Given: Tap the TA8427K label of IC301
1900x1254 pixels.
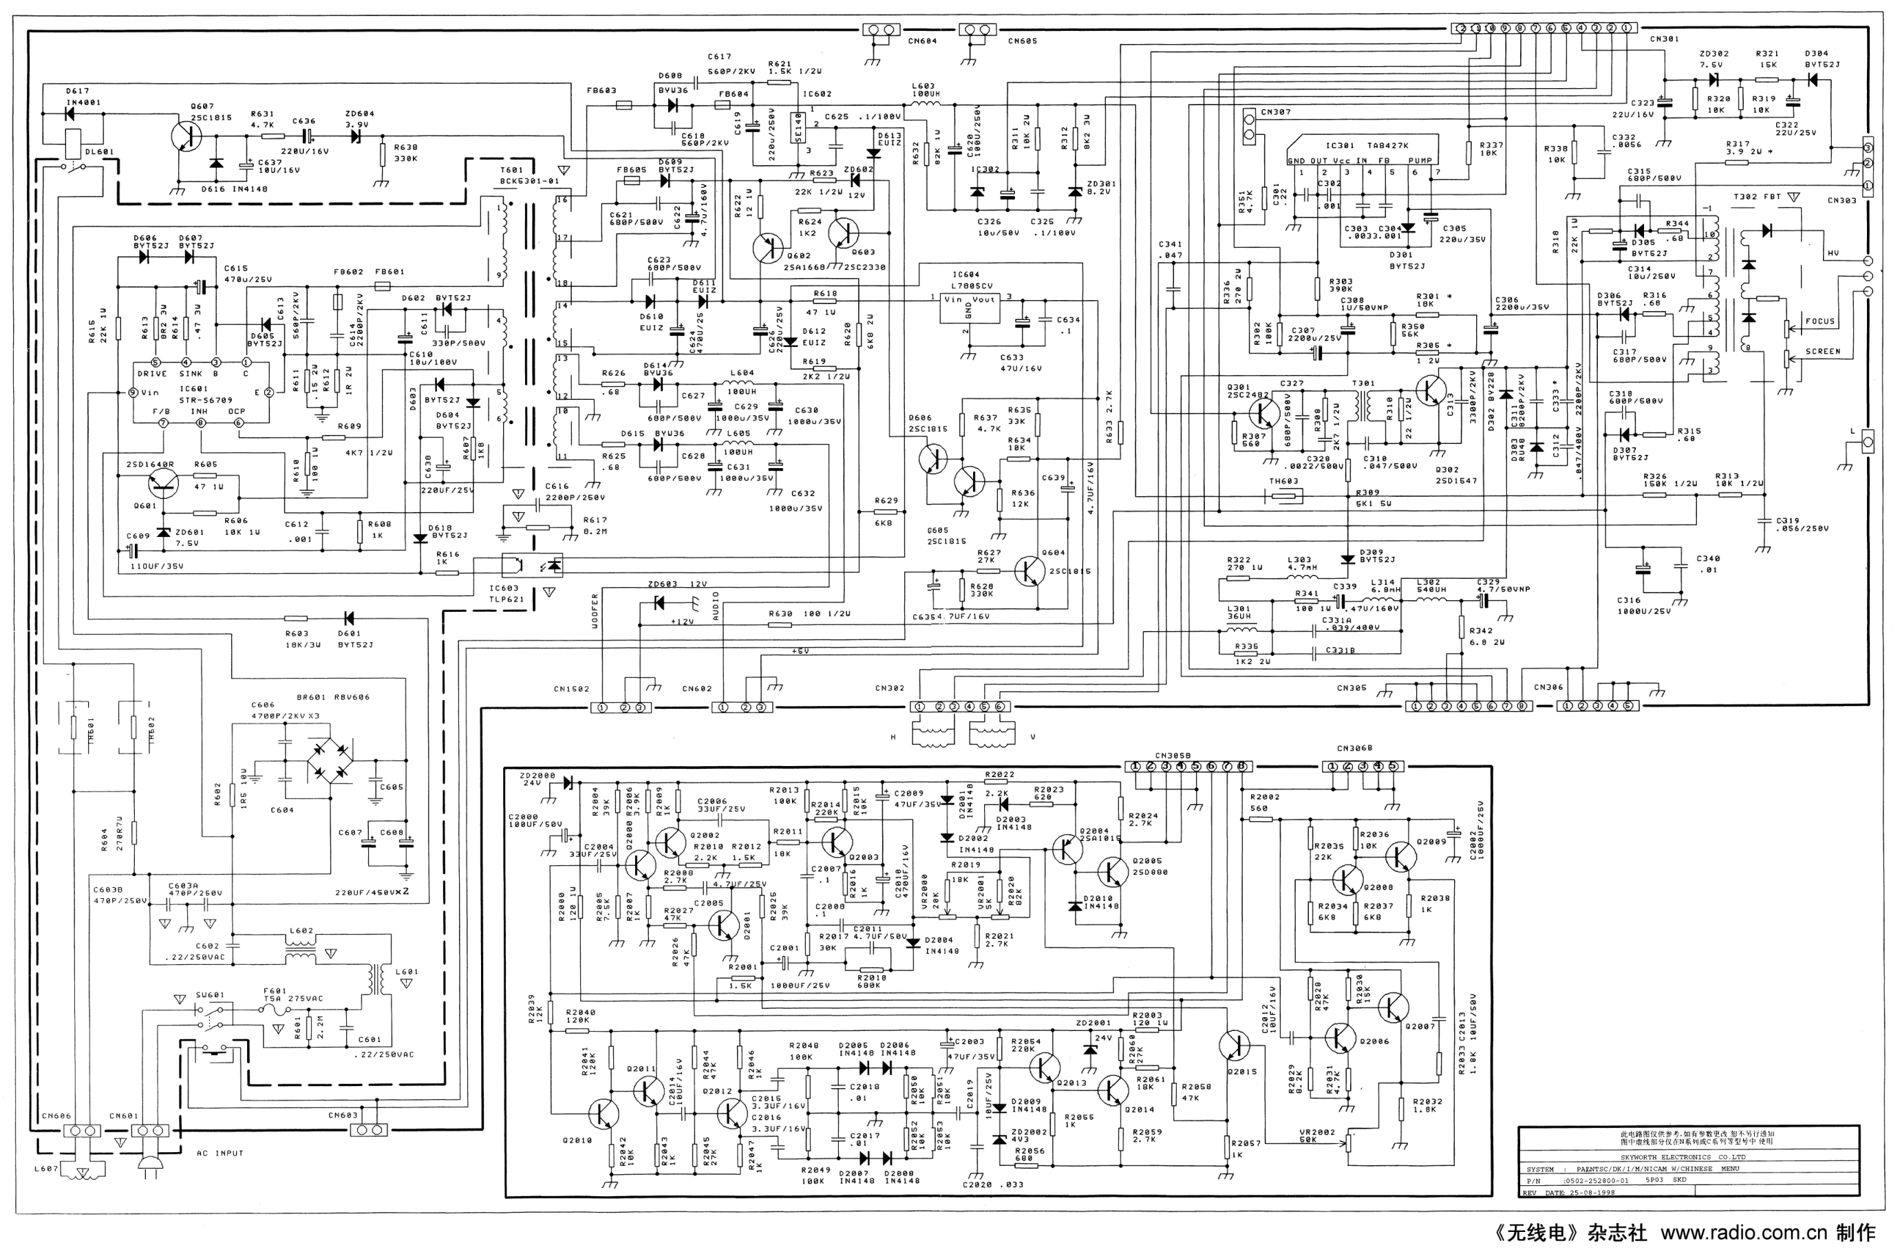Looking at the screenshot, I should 1387,145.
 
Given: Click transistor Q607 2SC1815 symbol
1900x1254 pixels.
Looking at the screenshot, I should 186,137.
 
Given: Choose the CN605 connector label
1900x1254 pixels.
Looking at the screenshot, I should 1022,41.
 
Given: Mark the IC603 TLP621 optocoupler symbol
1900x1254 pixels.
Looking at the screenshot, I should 532,564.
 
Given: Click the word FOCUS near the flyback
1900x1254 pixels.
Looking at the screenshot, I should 1819,321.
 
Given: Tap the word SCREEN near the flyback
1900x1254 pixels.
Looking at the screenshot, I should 1822,351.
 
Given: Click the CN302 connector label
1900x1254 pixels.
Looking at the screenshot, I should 889,688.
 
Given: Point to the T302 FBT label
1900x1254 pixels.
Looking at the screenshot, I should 1756,197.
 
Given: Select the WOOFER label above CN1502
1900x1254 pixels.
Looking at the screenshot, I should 595,612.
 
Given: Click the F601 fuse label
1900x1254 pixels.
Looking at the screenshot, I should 275,991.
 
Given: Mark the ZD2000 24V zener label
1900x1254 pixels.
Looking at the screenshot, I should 537,780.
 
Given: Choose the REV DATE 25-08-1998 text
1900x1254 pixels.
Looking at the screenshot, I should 1568,1193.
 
